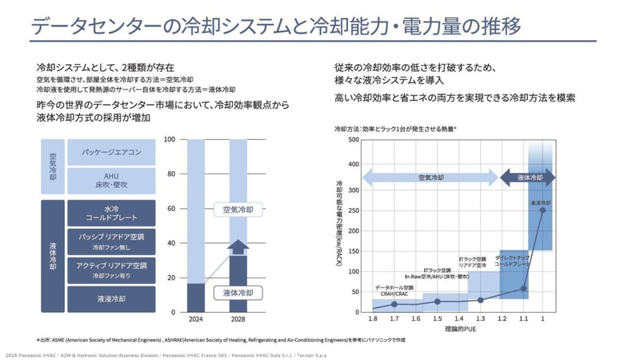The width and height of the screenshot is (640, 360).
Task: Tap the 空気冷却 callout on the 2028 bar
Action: pos(238,210)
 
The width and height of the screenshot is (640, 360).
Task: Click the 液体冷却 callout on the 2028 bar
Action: pos(238,294)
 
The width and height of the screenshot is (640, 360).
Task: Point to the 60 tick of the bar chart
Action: pos(170,209)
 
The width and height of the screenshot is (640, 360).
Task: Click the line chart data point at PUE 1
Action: pos(543,211)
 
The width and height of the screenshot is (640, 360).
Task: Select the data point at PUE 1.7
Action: pos(394,304)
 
